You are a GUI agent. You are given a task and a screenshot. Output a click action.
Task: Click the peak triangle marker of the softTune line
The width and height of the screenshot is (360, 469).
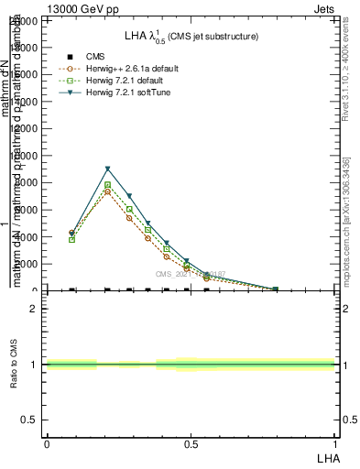[108, 169]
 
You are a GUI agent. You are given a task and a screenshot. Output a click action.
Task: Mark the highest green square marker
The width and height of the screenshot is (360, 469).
[108, 185]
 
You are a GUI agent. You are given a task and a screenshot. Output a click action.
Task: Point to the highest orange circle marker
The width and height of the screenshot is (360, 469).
[108, 191]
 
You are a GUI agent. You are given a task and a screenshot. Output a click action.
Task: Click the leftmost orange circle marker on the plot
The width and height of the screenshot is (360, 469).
[71, 233]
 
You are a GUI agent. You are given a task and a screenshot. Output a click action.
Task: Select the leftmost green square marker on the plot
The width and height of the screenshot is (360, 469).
[71, 239]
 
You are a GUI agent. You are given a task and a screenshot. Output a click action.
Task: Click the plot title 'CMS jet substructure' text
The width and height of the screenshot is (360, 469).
[212, 37]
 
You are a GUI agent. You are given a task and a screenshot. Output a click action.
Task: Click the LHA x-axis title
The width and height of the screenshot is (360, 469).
[326, 457]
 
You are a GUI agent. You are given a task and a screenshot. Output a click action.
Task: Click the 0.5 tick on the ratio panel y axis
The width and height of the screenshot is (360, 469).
[29, 420]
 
